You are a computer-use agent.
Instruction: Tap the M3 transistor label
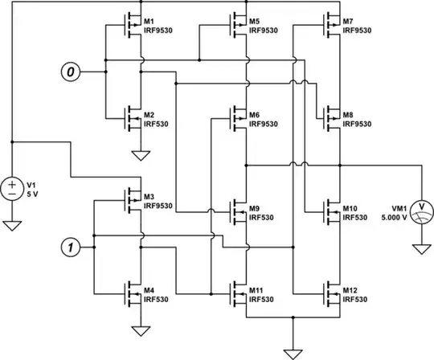pyautogui.click(x=150, y=197)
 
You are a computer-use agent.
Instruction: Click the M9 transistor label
pyautogui.click(x=254, y=209)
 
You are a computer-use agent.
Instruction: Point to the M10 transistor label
pyautogui.click(x=350, y=209)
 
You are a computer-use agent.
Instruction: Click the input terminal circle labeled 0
pyautogui.click(x=71, y=72)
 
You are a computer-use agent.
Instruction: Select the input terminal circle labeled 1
pyautogui.click(x=71, y=247)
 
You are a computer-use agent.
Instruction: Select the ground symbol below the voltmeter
pyautogui.click(x=420, y=249)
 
